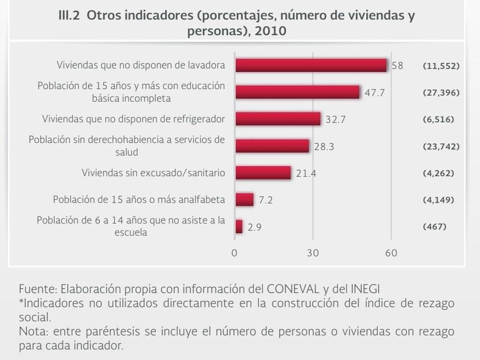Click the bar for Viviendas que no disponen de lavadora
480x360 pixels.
311,65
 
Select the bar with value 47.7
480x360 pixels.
297,92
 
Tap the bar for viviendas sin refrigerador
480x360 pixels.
278,119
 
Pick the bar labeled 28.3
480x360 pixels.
272,146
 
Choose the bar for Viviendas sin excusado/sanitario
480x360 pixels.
263,173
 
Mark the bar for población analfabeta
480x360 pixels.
244,199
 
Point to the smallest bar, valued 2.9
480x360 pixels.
238,227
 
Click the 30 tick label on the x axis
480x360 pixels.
313,253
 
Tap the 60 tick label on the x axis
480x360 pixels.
391,253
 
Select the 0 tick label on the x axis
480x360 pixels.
234,253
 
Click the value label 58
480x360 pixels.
398,65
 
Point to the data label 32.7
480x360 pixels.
336,119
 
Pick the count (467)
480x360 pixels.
434,227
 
